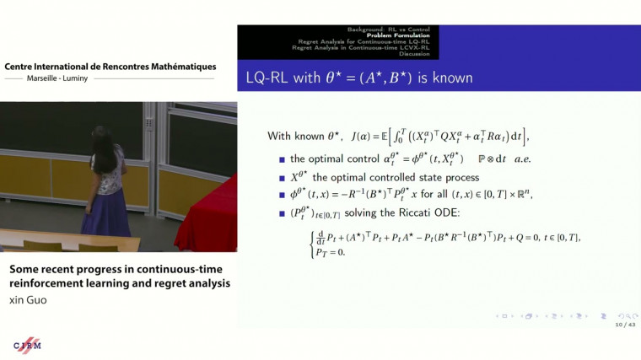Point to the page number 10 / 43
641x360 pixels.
pos(624,325)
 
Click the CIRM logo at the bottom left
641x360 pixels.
pos(27,346)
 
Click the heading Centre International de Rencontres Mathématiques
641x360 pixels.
pos(110,67)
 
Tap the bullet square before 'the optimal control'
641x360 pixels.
pos(282,159)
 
